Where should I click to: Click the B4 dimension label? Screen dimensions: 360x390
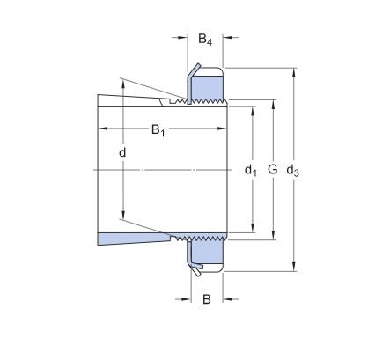click(x=204, y=40)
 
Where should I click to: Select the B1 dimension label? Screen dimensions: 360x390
click(x=158, y=131)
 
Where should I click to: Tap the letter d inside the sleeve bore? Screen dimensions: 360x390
click(x=122, y=154)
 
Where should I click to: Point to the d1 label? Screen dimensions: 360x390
click(x=250, y=169)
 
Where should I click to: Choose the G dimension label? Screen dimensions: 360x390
click(x=272, y=168)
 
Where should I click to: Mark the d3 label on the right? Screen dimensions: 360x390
click(x=293, y=170)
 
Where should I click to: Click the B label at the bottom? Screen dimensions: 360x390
click(x=207, y=299)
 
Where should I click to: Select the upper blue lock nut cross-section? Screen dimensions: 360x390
click(x=208, y=87)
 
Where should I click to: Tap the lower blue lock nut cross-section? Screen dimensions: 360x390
click(x=208, y=253)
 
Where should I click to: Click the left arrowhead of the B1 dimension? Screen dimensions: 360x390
click(x=100, y=130)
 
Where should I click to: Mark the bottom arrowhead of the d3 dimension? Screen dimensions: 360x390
click(x=293, y=268)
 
